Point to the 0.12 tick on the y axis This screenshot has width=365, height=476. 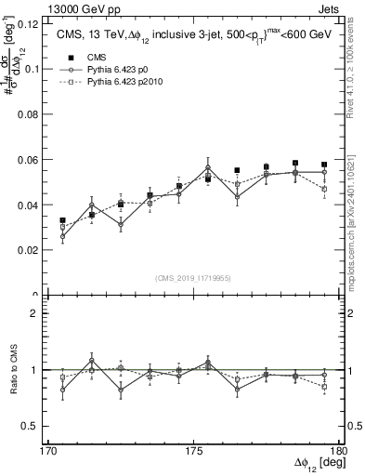[x=31, y=24]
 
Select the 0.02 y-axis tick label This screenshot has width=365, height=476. [x=31, y=250]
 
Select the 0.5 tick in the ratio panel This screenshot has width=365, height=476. [x=34, y=426]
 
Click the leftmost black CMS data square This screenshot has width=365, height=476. [x=63, y=220]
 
